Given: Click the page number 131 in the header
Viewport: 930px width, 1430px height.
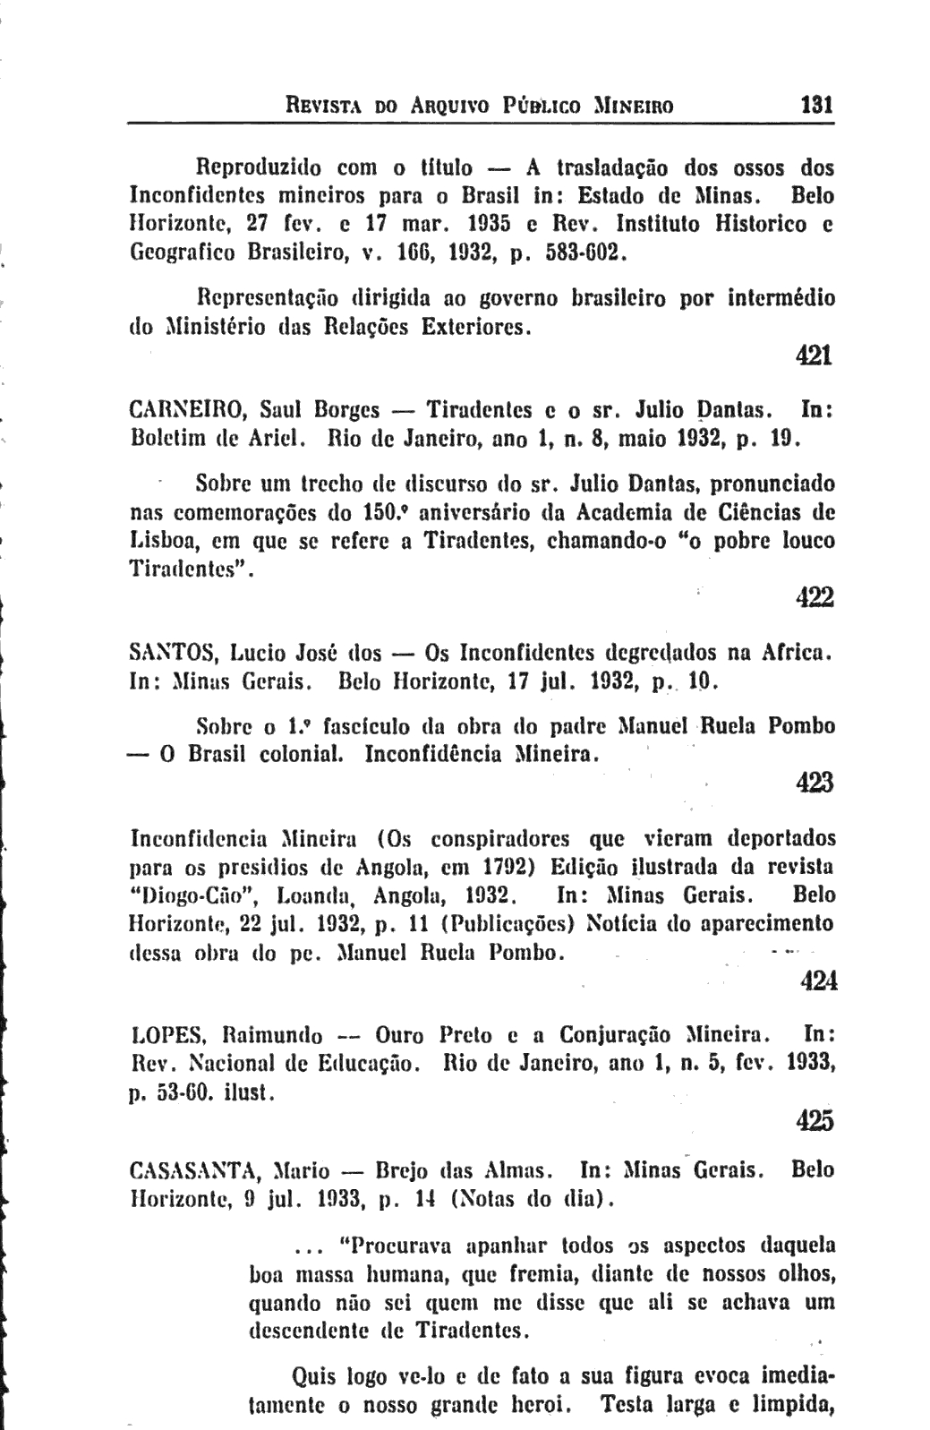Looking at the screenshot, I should pyautogui.click(x=816, y=105).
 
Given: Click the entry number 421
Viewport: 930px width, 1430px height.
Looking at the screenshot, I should pyautogui.click(x=815, y=355).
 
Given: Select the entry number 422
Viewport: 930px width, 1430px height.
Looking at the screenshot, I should pyautogui.click(x=815, y=597).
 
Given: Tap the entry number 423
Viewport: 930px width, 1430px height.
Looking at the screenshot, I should pyautogui.click(x=815, y=783).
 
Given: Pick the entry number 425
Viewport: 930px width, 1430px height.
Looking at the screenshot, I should pyautogui.click(x=815, y=1120).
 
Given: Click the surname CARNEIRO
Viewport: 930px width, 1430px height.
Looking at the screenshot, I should pyautogui.click(x=186, y=411).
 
